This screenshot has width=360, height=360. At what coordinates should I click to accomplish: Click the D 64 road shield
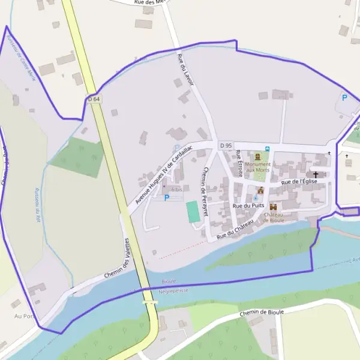coord(93,99)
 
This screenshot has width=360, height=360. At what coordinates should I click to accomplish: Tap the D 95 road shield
coord(226,145)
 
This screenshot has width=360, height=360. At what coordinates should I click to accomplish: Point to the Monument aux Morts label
coord(258,167)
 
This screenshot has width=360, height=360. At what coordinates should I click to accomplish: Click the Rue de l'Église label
coord(299,181)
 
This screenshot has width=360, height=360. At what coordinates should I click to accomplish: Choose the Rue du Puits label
coord(248,206)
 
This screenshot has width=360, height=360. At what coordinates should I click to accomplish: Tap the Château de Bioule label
coord(273,217)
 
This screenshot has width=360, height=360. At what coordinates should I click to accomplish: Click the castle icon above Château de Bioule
coord(273,206)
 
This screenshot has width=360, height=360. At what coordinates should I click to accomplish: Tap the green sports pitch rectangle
coord(193,212)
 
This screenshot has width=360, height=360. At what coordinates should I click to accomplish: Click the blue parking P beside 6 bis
coord(166,197)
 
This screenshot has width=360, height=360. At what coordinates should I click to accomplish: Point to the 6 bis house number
coord(176,190)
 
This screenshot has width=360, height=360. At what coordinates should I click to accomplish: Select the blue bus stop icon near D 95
coord(268,149)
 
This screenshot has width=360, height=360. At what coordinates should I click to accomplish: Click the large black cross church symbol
coord(316,174)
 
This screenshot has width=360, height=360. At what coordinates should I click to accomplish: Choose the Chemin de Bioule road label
coord(261,313)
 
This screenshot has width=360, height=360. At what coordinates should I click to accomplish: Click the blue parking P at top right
coord(344,97)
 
